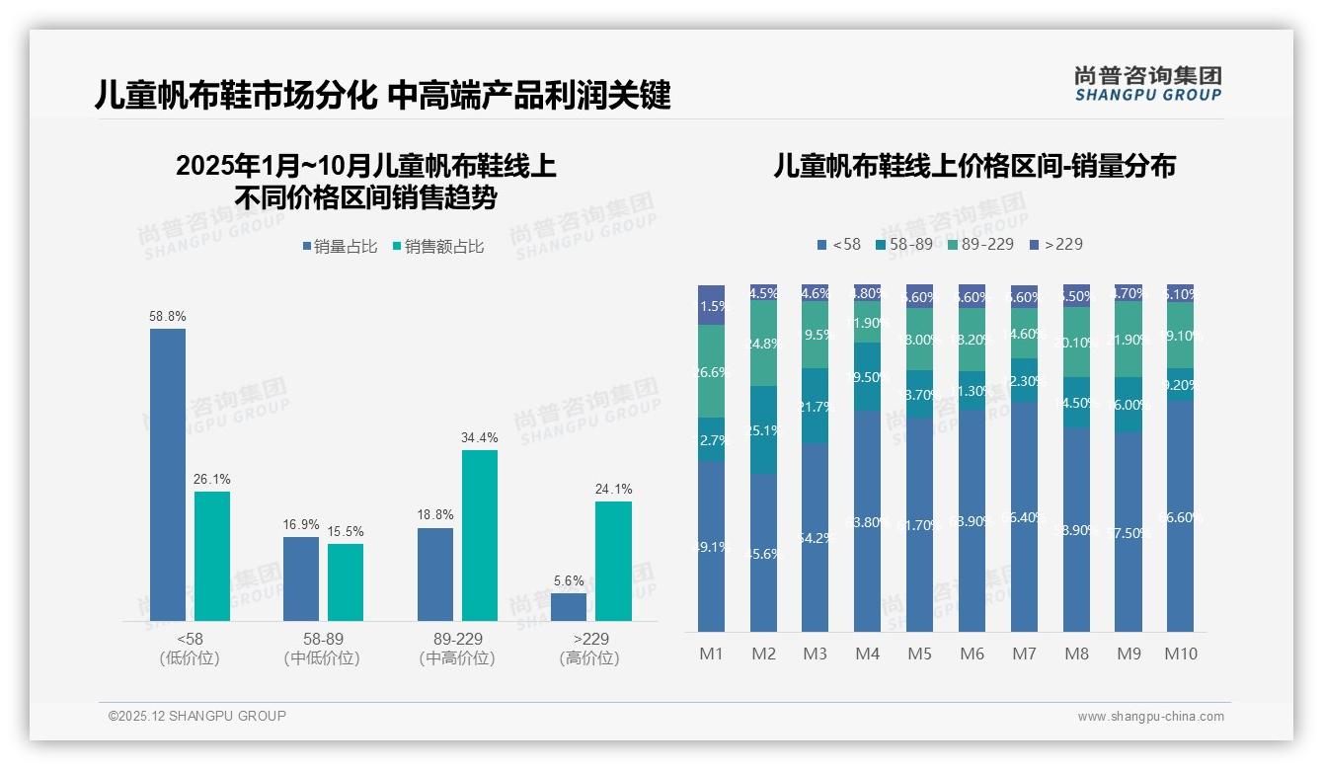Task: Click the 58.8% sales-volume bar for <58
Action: point(168,474)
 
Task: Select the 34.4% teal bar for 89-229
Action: point(480,535)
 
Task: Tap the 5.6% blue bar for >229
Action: point(569,606)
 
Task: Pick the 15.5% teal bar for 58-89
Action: point(346,581)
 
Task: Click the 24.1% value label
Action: point(613,489)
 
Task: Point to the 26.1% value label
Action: point(211,479)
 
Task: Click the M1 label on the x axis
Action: point(711,654)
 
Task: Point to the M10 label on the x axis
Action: point(1180,654)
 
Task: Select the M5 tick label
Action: point(919,654)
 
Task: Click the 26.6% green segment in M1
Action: point(711,371)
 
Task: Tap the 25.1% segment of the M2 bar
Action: point(763,429)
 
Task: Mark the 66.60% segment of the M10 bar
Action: point(1180,516)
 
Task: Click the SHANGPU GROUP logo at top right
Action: point(1147,84)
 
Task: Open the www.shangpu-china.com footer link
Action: point(1150,717)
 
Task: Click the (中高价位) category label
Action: point(457,658)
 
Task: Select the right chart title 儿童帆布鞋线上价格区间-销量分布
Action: point(973,166)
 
